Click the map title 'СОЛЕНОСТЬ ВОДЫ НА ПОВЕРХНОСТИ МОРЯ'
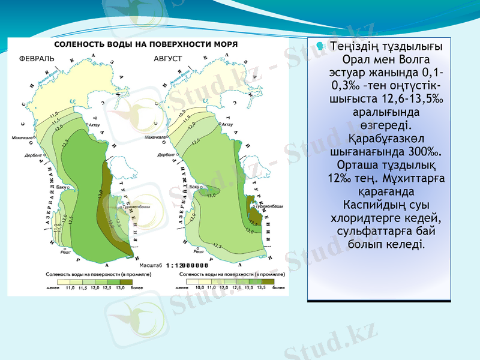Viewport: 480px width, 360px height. pyautogui.click(x=146, y=44)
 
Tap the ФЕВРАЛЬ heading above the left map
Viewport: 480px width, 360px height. pyautogui.click(x=37, y=59)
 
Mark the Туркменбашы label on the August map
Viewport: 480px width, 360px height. pyautogui.click(x=268, y=206)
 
